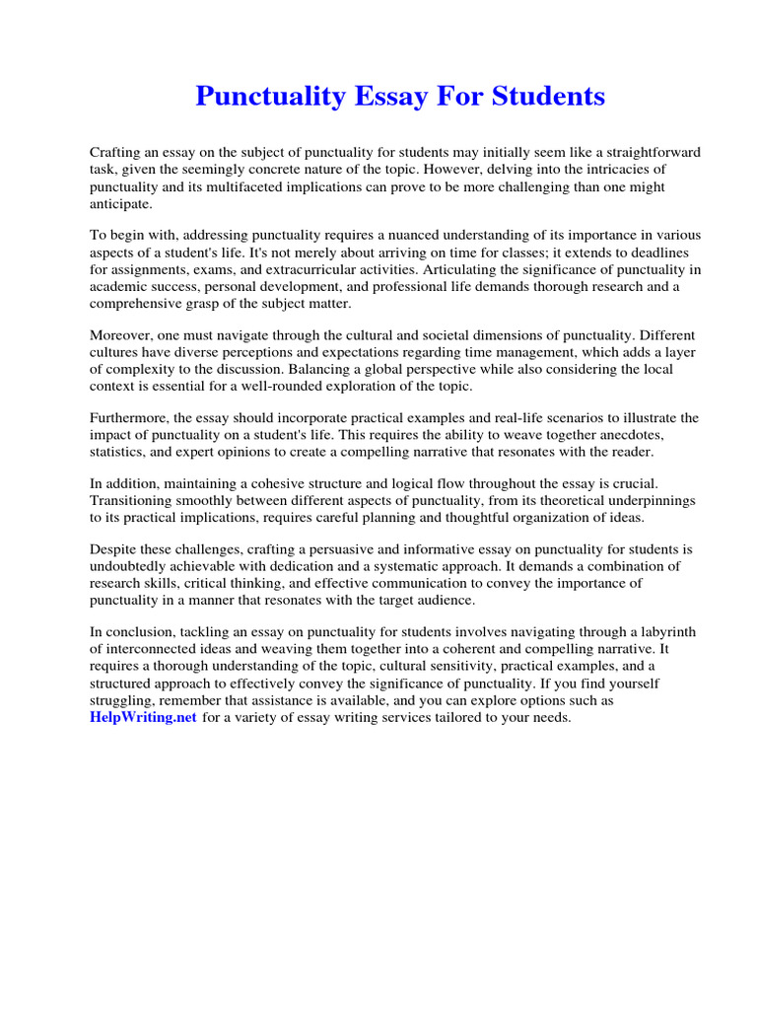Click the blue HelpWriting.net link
143,718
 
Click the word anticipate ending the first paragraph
121,203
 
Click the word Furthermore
129,417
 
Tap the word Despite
115,549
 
